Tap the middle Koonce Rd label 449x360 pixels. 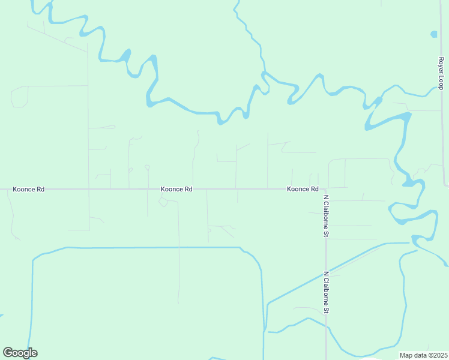[x=176, y=189]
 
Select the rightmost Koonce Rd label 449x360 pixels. [x=303, y=189]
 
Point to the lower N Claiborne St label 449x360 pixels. [x=327, y=292]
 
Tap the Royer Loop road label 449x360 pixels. [x=441, y=73]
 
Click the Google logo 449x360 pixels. [x=20, y=353]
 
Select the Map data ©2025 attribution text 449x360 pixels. [x=424, y=355]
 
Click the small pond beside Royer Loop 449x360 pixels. [x=434, y=34]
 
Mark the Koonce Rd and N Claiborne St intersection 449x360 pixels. [x=319, y=189]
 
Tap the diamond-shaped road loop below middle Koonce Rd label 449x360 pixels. [x=163, y=202]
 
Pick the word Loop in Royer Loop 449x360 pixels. [x=441, y=82]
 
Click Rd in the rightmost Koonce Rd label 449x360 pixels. [x=314, y=189]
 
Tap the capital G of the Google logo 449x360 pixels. [x=8, y=353]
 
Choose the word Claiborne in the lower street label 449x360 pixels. [x=327, y=295]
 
